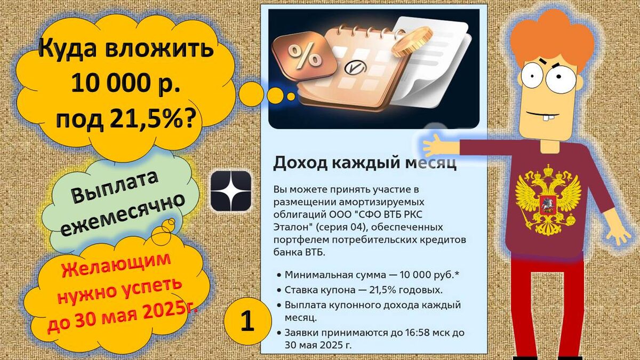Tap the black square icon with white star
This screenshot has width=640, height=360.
pyautogui.click(x=231, y=190)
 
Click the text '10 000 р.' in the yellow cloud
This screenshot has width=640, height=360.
pyautogui.click(x=126, y=84)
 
